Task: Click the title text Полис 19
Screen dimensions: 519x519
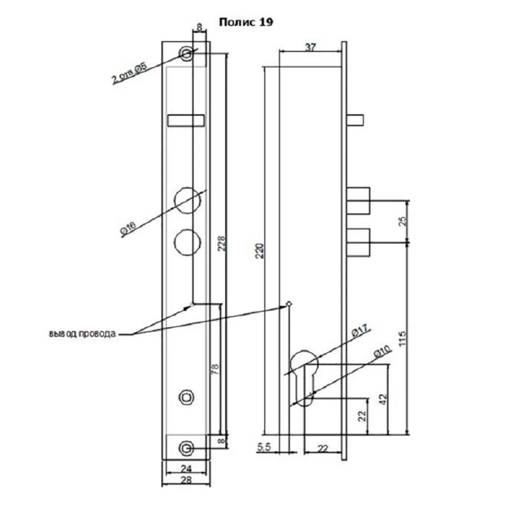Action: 246,22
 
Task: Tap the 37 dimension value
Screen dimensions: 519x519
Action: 310,47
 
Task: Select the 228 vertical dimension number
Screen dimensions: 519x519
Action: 222,243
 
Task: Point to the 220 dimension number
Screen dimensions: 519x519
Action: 260,251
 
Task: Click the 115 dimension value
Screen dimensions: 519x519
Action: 402,338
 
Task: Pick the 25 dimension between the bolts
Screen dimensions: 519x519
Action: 403,222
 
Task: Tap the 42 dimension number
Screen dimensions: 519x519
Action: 383,399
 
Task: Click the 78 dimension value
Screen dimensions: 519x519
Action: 215,368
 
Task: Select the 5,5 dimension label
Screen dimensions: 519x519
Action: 264,447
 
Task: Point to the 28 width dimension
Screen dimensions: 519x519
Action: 186,480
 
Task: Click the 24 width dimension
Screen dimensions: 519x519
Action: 186,468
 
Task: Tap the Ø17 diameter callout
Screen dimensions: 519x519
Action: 360,331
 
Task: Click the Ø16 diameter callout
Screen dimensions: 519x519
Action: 128,228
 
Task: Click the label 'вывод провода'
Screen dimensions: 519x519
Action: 83,334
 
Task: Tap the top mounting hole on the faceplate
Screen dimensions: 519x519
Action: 186,53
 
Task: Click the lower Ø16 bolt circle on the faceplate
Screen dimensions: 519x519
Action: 187,242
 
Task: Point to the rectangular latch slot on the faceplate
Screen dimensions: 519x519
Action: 186,120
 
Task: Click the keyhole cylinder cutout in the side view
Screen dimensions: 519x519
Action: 304,378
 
